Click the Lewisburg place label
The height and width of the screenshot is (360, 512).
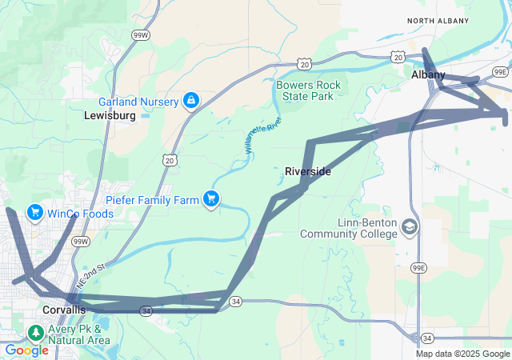[110, 115]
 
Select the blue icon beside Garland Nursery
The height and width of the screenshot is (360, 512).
[190, 101]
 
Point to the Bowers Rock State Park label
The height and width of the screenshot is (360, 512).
[309, 90]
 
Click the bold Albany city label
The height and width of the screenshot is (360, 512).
[428, 74]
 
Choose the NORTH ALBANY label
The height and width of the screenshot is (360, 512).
[436, 20]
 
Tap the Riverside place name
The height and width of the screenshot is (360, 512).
[308, 171]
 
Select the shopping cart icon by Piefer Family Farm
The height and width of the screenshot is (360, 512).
[211, 198]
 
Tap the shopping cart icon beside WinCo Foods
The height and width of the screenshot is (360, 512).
[34, 213]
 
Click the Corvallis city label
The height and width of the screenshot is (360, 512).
[63, 310]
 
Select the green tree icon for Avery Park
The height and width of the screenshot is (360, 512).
[35, 333]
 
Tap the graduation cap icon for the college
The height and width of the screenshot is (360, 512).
[410, 228]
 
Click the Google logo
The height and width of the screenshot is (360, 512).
[26, 350]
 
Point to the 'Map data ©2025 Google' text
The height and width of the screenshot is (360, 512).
[462, 354]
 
